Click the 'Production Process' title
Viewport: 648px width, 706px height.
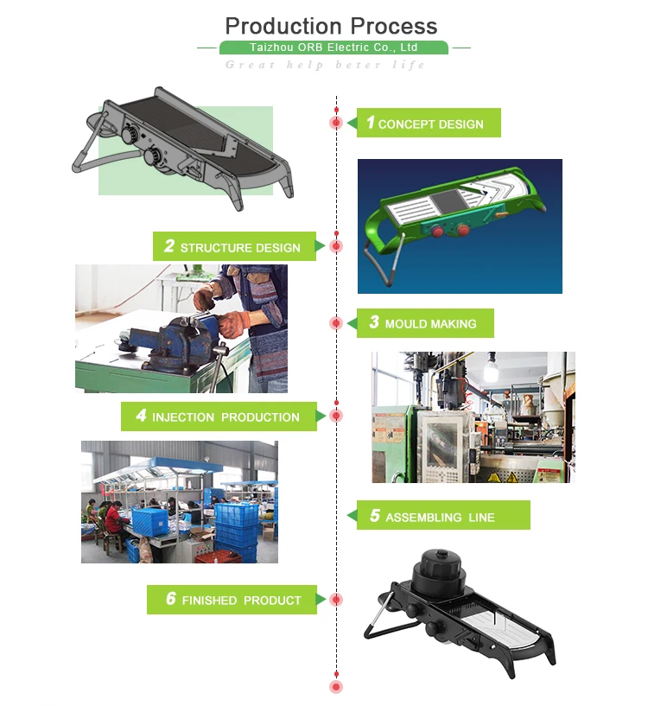point(331,26)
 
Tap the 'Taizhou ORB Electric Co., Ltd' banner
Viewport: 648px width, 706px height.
point(334,48)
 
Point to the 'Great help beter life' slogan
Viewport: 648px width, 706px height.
point(325,65)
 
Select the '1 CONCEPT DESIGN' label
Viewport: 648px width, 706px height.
point(429,123)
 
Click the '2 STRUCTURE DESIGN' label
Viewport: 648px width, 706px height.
point(234,246)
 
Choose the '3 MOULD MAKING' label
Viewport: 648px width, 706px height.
point(425,323)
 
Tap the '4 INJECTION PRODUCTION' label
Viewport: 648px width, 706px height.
point(219,417)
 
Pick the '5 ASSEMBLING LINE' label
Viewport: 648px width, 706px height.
point(443,515)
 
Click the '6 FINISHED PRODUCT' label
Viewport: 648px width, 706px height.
point(232,600)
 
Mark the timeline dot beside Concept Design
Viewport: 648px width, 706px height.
point(336,123)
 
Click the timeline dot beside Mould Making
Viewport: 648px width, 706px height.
point(336,323)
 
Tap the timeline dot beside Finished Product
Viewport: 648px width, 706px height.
point(336,600)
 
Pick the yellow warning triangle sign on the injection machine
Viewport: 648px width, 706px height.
point(512,477)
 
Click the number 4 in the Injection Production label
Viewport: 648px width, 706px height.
point(141,415)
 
